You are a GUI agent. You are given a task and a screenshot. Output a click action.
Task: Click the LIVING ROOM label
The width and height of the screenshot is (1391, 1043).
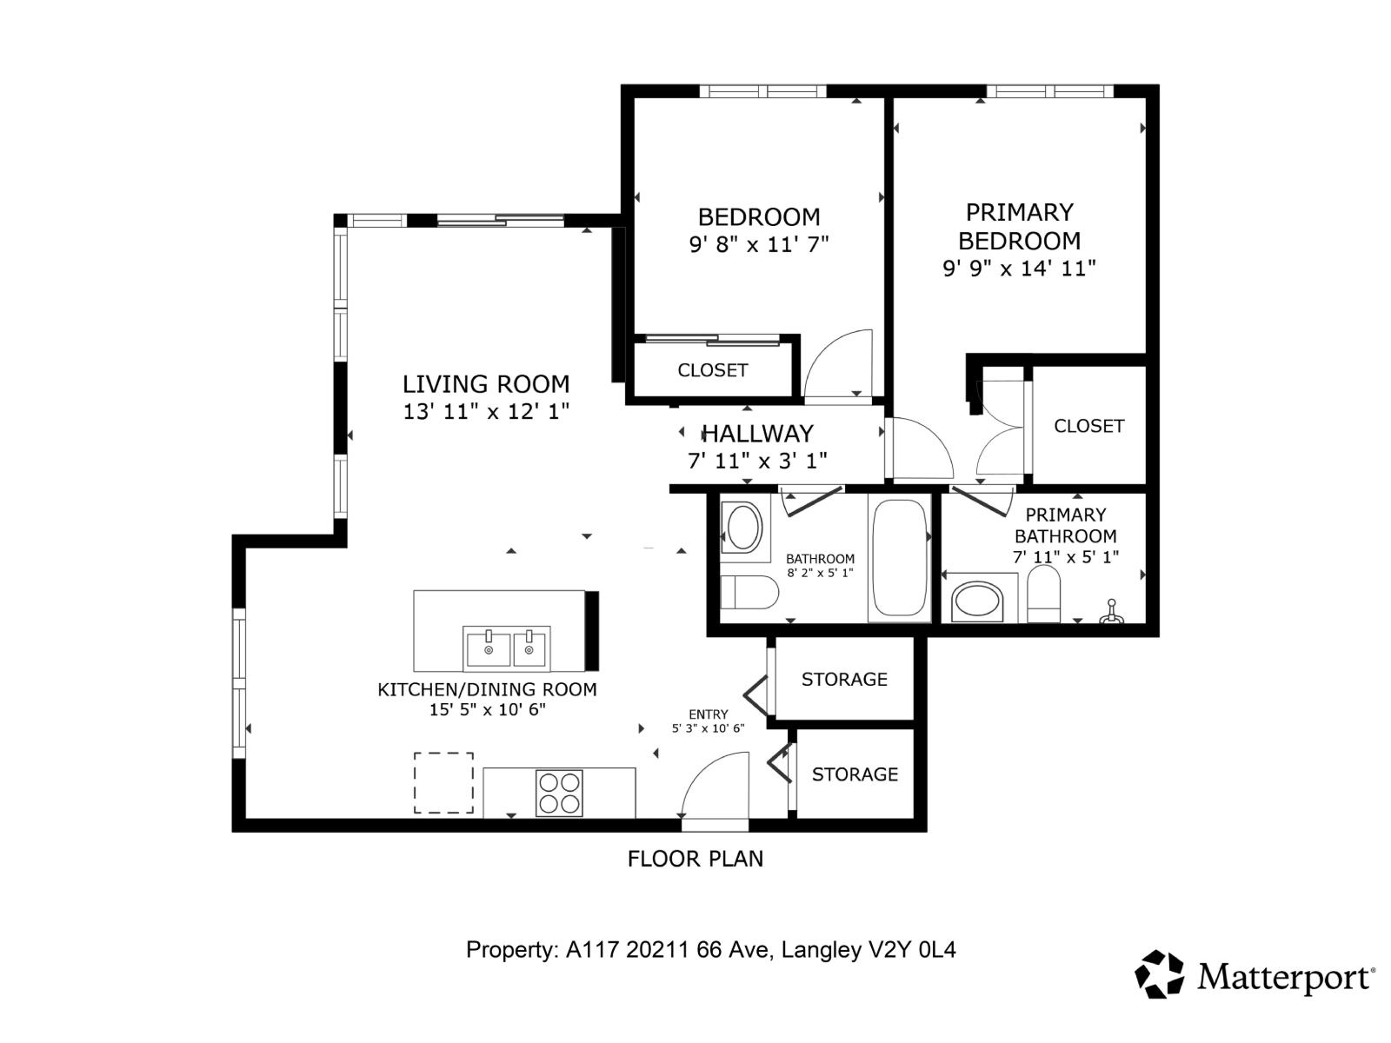485,383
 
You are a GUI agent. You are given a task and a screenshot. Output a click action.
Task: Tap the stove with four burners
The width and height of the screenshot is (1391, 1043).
559,793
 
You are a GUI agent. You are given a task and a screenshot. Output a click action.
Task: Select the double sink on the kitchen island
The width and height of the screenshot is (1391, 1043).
506,648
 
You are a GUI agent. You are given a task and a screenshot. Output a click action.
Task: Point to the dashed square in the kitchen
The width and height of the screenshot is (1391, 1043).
443,782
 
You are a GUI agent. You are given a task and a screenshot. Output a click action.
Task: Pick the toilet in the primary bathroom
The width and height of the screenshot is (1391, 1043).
1044,595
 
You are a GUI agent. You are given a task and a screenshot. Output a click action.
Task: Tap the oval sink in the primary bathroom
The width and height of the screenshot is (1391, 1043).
978,602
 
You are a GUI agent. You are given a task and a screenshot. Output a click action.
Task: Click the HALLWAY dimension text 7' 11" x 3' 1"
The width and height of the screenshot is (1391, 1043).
757,461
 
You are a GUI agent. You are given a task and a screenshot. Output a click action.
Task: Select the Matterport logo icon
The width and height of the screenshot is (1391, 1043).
1160,973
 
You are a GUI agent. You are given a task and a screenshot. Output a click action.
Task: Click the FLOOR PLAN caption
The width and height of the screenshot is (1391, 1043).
695,859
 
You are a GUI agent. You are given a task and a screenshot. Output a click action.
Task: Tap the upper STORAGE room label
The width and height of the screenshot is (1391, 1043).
844,679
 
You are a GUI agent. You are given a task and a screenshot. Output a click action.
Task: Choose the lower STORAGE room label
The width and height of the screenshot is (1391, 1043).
855,774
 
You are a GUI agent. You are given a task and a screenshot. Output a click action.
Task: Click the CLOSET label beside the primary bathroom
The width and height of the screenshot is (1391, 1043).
1088,426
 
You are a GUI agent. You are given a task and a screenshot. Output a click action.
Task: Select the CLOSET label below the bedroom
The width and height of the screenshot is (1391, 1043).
712,370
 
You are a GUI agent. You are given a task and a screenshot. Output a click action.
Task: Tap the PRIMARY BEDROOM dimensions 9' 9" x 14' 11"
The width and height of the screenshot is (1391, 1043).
1019,269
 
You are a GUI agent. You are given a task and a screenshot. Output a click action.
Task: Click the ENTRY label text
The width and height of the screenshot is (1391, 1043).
708,714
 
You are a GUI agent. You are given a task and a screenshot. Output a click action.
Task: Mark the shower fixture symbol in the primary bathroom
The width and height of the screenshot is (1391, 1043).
1111,613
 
